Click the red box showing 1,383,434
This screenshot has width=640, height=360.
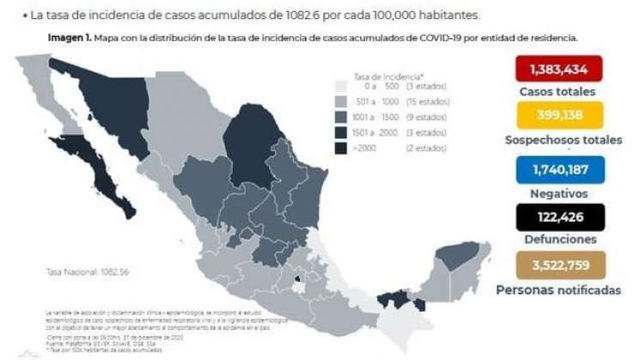tap(558, 69)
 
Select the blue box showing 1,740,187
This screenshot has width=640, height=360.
tap(558, 168)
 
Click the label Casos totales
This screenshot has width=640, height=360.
tap(558, 91)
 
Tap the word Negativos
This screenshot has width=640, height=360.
tap(558, 193)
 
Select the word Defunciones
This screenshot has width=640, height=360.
tap(558, 240)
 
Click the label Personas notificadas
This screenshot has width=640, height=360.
tap(558, 290)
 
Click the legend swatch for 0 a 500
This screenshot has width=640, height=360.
tap(341, 87)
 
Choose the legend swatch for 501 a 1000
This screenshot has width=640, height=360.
tap(341, 102)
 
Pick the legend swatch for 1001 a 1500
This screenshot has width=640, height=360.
tap(341, 118)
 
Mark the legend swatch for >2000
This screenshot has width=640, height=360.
tap(341, 148)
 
